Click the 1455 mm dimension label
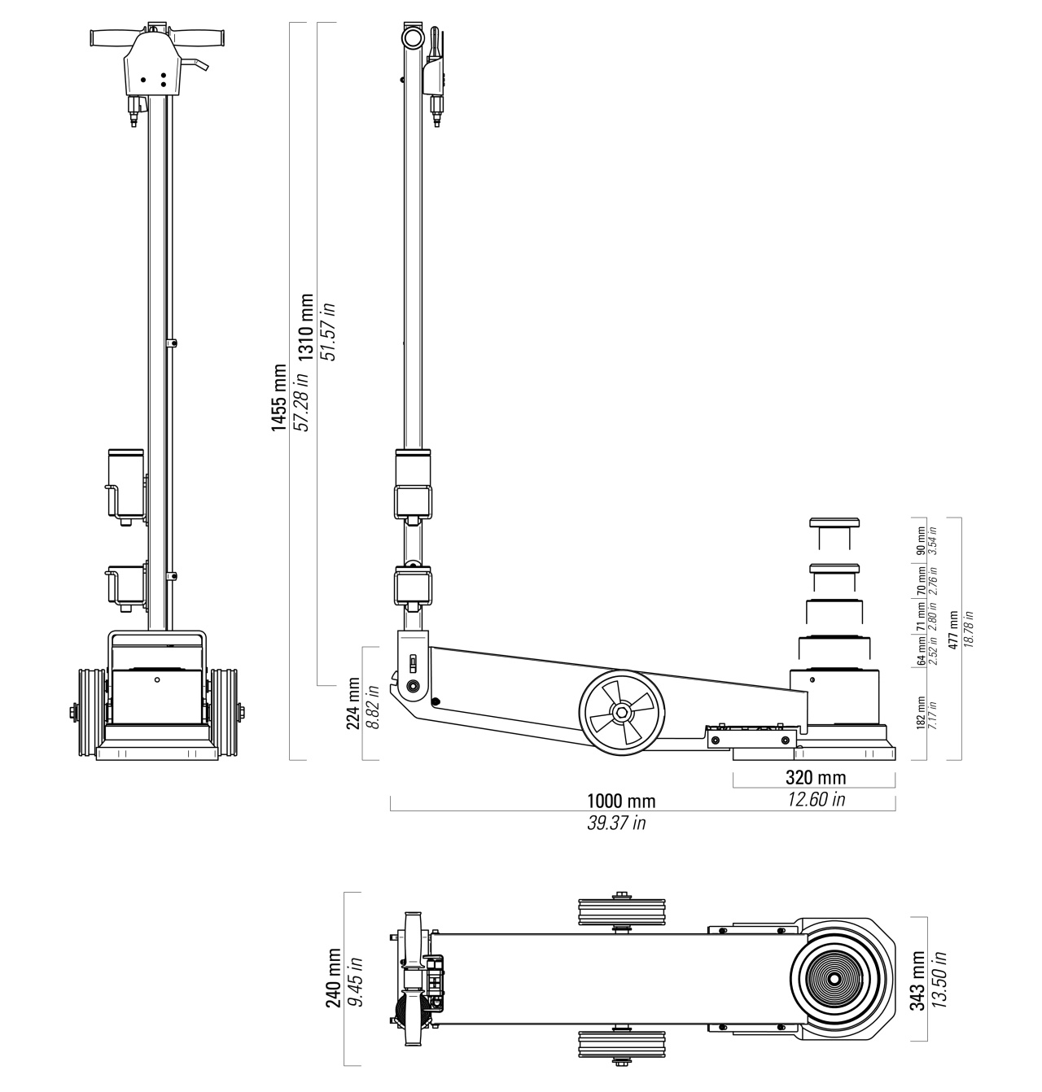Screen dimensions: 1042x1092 tap(278, 398)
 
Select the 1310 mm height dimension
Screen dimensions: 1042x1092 tap(305, 328)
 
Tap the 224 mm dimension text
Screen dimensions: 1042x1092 tap(353, 704)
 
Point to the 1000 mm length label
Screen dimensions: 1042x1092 tap(621, 801)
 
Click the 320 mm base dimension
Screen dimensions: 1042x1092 tap(815, 777)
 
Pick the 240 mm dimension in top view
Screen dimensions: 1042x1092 tap(334, 977)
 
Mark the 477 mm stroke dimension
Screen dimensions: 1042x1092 tap(953, 630)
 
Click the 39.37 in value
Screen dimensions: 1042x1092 tap(616, 823)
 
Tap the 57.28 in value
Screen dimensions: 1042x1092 tap(300, 401)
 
